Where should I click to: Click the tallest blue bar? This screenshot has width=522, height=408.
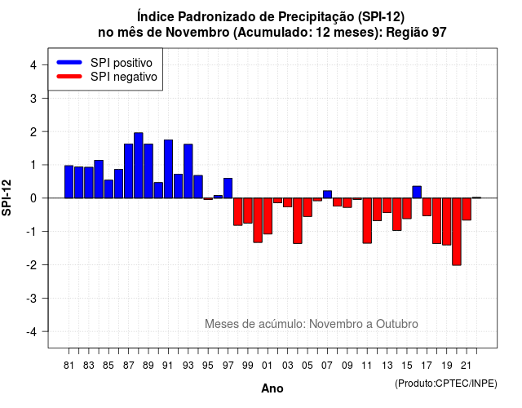(139, 165)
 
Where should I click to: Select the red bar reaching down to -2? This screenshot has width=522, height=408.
(457, 232)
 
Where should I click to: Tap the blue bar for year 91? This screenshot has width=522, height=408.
(169, 169)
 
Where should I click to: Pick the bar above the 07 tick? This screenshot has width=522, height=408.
(328, 194)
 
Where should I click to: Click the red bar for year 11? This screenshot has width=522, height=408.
(367, 220)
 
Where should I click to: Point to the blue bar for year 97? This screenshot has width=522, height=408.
(228, 188)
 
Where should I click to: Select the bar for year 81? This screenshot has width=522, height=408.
(69, 182)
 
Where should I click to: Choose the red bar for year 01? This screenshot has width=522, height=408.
(268, 215)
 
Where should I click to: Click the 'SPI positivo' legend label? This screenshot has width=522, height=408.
(122, 63)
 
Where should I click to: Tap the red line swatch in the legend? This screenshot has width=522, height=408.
(69, 77)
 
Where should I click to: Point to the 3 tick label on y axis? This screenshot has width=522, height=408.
(33, 98)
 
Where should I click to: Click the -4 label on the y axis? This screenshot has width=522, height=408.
(32, 332)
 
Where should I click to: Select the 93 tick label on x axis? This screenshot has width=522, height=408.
(188, 366)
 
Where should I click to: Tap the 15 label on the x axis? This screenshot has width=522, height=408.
(407, 366)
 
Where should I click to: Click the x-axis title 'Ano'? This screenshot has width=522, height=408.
(272, 388)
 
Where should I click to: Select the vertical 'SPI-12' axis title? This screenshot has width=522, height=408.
(7, 197)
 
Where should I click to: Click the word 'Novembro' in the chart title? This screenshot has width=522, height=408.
(197, 33)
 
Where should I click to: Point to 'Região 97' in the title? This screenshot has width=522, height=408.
(416, 33)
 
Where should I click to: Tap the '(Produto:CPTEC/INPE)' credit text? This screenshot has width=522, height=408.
(446, 384)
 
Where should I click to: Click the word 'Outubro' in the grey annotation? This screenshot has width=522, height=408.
(397, 324)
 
